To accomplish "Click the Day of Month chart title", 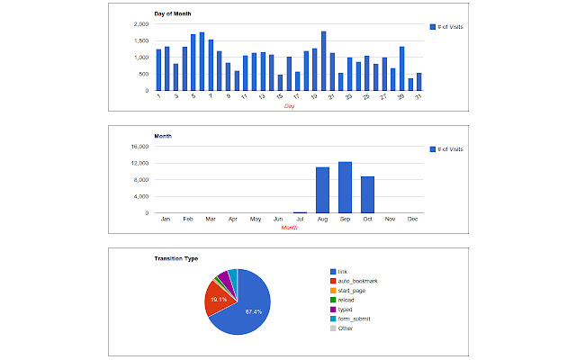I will [172, 14].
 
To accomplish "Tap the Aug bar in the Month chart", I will [322, 190].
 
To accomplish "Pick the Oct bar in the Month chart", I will [367, 194].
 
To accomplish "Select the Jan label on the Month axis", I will [165, 219].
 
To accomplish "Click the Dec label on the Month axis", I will [413, 219].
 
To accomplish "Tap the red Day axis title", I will [289, 106].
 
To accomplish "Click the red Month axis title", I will [289, 228].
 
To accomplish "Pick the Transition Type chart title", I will [178, 258].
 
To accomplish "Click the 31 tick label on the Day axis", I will [418, 96].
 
